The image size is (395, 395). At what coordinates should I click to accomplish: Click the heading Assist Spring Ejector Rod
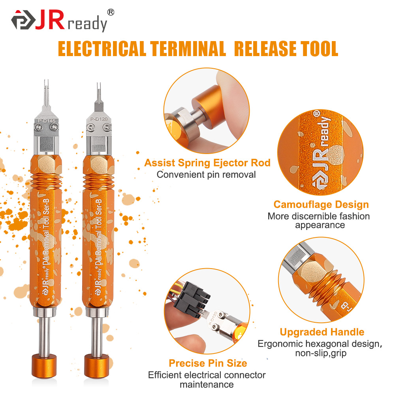click(x=207, y=163)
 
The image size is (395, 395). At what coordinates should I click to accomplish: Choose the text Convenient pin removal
click(x=206, y=174)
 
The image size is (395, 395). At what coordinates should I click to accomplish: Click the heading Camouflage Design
click(x=321, y=205)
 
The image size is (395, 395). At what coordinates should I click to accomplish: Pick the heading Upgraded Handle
click(x=322, y=332)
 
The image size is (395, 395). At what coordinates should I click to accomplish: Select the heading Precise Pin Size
click(x=208, y=363)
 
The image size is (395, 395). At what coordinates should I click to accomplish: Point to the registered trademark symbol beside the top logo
click(x=111, y=12)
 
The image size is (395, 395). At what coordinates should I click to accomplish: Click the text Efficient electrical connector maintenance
click(x=207, y=379)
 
